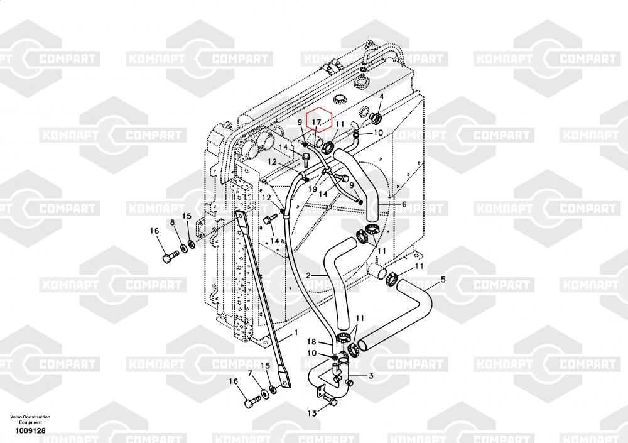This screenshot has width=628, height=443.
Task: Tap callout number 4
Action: (381, 97)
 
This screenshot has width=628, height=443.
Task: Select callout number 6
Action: (404, 204)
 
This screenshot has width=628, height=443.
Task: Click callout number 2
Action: (308, 275)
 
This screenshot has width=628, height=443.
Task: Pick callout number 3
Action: (371, 376)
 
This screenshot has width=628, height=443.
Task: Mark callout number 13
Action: (312, 413)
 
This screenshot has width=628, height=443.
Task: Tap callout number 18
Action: (311, 342)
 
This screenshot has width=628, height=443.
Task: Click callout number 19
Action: (312, 189)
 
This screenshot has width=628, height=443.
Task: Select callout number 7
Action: (250, 374)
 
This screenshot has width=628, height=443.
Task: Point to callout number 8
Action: (171, 222)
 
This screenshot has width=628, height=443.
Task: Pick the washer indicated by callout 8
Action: (183, 248)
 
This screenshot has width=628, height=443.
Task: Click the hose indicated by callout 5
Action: (402, 314)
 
